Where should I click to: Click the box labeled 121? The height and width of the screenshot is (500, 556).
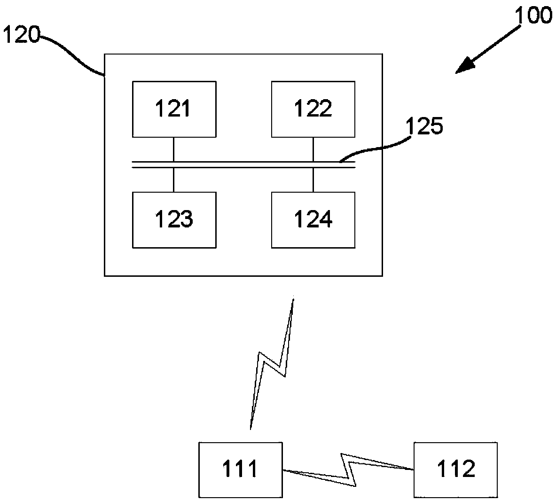174,109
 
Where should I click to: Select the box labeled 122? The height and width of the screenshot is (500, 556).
313,109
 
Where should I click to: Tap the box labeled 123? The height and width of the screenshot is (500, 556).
174,219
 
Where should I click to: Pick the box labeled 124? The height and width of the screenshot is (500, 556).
313,219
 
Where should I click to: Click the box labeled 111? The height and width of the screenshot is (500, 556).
240,469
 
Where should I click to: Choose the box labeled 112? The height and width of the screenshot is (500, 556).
455,469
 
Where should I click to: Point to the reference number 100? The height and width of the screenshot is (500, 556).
533,15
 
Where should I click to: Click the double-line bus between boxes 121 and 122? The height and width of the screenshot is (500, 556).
243,164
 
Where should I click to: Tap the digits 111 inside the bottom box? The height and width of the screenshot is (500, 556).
240,469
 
